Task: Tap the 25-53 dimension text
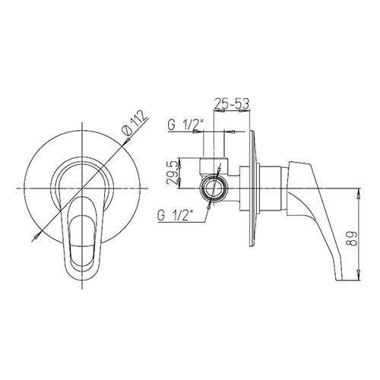232,103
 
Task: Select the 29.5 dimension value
173,173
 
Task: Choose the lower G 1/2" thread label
175,216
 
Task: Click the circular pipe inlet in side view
214,188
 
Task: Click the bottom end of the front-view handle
82,280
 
